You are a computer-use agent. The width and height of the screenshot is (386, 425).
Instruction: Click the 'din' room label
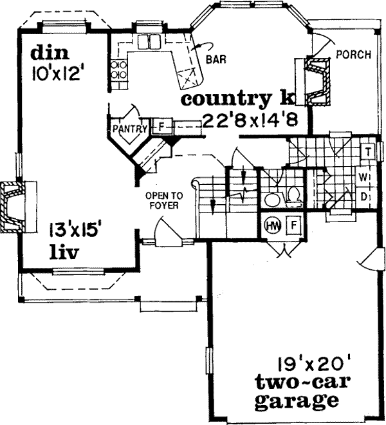tap(50, 52)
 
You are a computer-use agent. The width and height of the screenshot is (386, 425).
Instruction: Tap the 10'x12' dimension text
tap(58, 71)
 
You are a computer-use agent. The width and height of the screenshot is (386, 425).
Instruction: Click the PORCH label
tap(353, 55)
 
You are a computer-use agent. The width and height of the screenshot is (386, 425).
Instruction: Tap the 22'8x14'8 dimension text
tap(248, 120)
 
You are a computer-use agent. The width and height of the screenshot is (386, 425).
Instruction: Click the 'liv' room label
tap(64, 252)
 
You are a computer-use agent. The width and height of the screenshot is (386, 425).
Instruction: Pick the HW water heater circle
tap(272, 225)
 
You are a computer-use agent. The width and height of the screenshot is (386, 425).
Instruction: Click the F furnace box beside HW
tap(293, 225)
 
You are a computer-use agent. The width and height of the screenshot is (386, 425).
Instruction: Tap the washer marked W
tap(363, 176)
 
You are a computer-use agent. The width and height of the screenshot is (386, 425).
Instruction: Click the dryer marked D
tap(363, 196)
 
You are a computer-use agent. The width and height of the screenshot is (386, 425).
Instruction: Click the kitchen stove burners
tap(118, 71)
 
